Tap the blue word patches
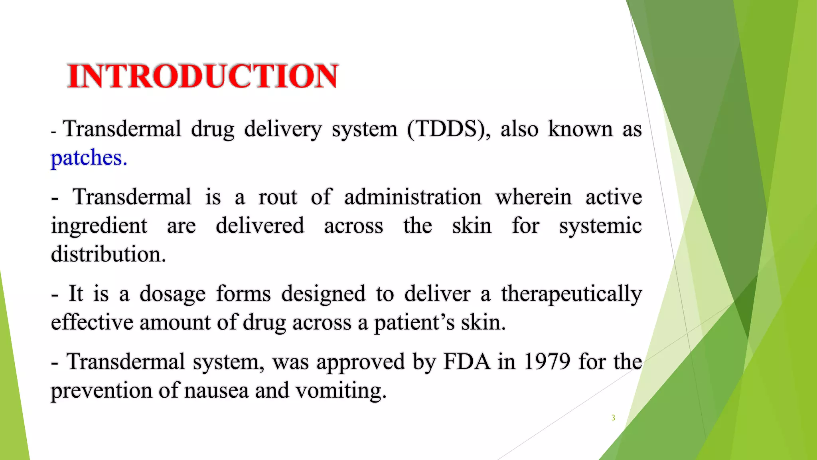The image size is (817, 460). [89, 158]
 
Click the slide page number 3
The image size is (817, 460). [613, 418]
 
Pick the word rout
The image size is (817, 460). [278, 197]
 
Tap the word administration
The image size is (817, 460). [413, 197]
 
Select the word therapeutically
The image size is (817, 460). [571, 294]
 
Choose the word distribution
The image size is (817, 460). [108, 254]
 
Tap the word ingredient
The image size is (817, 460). [99, 226]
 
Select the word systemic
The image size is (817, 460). [600, 226]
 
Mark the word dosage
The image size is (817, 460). [172, 294]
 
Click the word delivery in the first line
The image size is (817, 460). [283, 129]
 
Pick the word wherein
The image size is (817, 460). [534, 197]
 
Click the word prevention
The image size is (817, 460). [101, 391]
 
